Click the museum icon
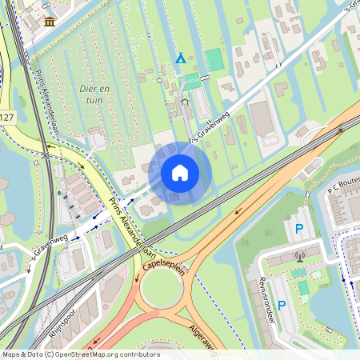50,21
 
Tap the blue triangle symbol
181,58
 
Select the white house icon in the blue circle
180,172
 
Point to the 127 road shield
6,118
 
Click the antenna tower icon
299,258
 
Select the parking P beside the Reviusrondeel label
281,305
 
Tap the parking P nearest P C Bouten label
299,230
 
